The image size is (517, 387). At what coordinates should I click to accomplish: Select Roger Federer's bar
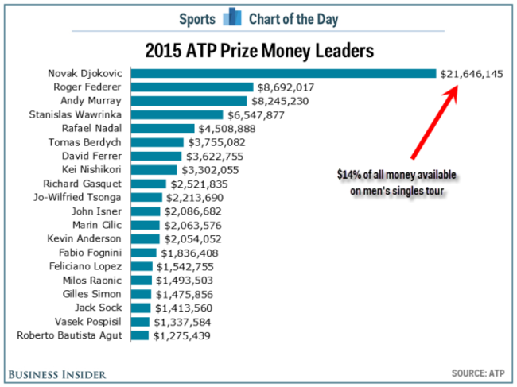pyautogui.click(x=192, y=87)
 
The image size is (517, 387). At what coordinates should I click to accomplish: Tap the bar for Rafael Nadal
pyautogui.click(x=162, y=129)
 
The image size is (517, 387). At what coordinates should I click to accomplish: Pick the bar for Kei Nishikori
pyautogui.click(x=154, y=170)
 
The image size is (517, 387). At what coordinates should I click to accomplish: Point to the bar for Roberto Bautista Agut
pyautogui.click(x=139, y=335)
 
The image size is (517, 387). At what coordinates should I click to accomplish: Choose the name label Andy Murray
pyautogui.click(x=91, y=101)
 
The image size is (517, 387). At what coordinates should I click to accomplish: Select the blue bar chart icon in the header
pyautogui.click(x=232, y=18)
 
